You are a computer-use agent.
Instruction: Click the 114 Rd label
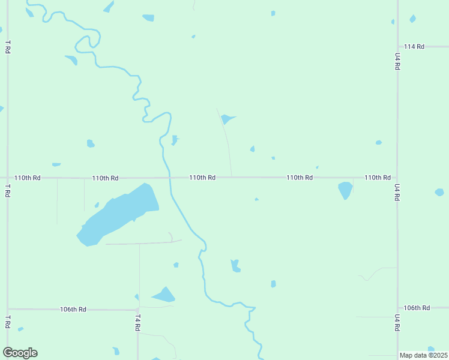tap(414, 46)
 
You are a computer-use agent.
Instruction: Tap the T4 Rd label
tap(137, 322)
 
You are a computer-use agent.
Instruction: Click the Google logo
tap(20, 353)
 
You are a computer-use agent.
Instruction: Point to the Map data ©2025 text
tap(423, 355)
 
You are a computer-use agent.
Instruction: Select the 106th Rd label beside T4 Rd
tap(73, 310)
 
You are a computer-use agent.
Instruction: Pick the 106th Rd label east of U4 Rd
tap(417, 308)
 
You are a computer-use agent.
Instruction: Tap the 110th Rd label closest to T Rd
tap(28, 178)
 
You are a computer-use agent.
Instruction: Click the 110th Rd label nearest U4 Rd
tap(378, 178)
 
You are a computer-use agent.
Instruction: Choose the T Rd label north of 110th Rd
tap(7, 47)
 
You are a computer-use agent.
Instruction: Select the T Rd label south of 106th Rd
tap(7, 322)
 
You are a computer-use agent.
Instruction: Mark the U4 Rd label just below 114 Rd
tap(397, 62)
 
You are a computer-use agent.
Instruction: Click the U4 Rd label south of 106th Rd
tap(397, 322)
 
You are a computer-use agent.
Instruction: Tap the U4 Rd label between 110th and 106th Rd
tap(397, 191)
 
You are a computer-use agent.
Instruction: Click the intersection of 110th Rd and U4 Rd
tap(397, 178)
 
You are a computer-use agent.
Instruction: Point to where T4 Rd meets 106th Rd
tap(137, 310)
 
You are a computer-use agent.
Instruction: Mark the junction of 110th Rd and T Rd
tap(7, 178)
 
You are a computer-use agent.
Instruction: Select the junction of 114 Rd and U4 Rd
tap(397, 46)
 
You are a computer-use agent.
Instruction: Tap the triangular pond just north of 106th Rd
tap(164, 295)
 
